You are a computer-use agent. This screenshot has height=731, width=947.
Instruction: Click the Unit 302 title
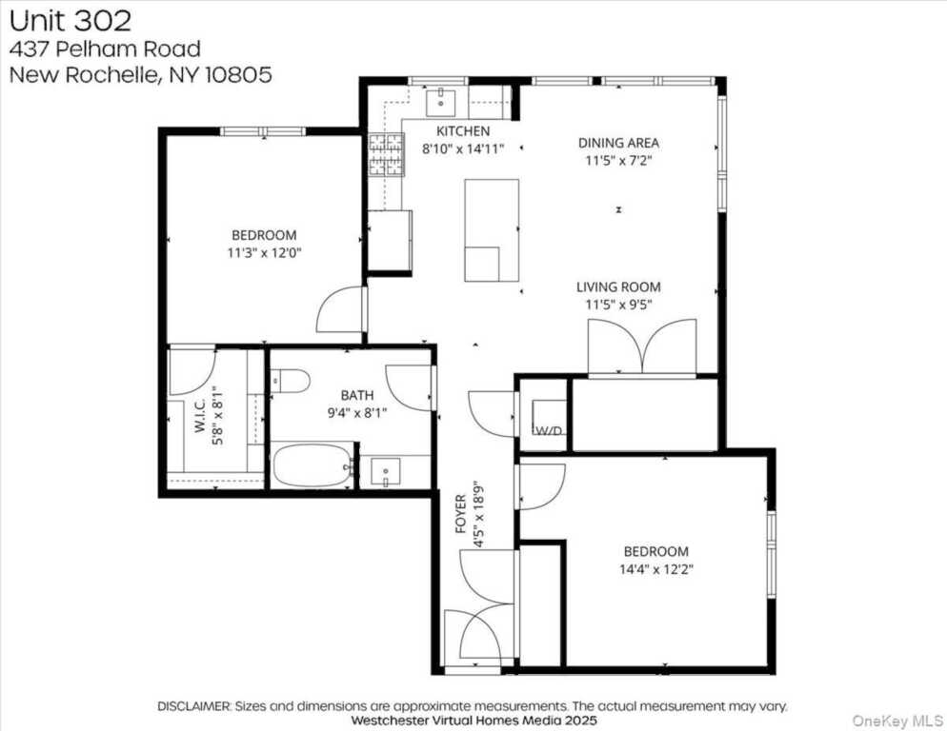(x=71, y=20)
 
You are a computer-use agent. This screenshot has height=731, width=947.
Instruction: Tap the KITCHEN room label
(x=463, y=130)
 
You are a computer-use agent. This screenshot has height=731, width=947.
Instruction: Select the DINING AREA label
(x=618, y=143)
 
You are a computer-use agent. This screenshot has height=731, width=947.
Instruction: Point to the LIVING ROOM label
(x=618, y=286)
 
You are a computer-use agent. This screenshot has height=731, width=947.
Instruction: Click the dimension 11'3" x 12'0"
(x=263, y=253)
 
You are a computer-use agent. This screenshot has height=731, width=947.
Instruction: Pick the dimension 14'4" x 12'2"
(x=655, y=569)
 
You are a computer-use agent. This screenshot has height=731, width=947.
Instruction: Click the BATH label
(x=357, y=395)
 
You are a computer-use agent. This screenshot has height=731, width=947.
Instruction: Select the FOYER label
(x=461, y=514)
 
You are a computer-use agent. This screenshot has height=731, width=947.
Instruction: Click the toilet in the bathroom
(x=291, y=382)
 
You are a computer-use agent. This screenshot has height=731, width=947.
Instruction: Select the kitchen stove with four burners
(x=386, y=154)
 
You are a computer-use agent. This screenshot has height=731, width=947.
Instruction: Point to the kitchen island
(x=492, y=230)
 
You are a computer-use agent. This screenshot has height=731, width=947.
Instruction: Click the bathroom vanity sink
(x=385, y=471)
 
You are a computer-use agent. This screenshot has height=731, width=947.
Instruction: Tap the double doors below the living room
(x=642, y=348)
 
